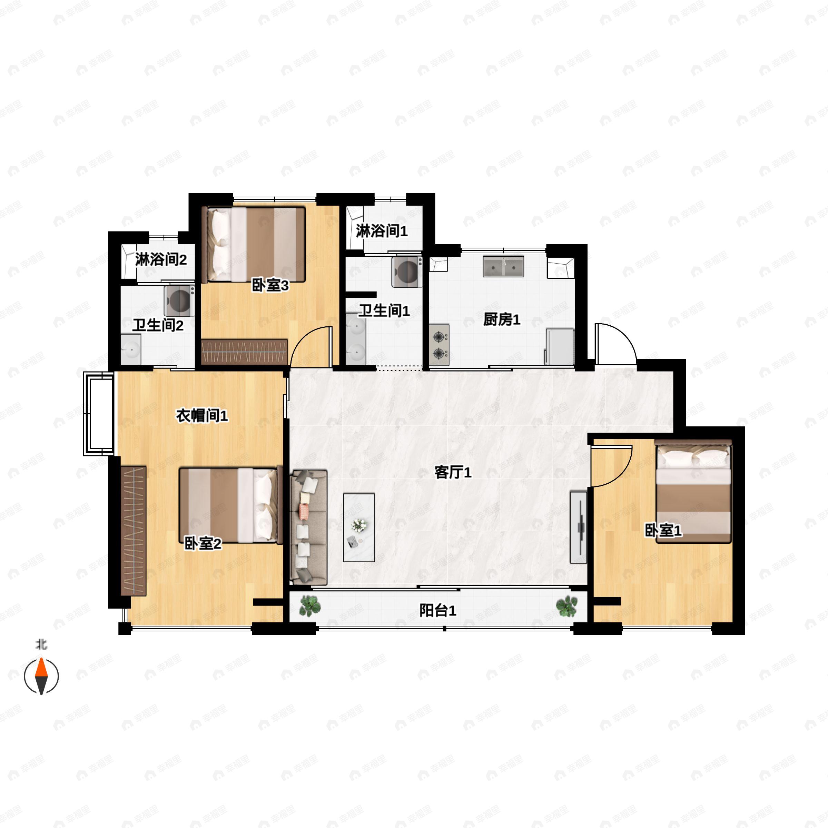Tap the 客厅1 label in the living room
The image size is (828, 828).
tap(453, 472)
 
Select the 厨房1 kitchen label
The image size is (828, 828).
tap(502, 319)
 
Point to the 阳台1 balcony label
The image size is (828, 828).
tap(437, 610)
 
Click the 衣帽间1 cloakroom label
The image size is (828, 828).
tap(202, 415)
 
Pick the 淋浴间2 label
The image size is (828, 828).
tap(161, 259)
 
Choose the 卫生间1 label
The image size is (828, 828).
tap(384, 311)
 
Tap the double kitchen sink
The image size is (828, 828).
tap(504, 267)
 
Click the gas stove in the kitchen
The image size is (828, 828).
tap(439, 345)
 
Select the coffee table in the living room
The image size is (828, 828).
tap(359, 528)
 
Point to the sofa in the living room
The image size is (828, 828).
tap(308, 528)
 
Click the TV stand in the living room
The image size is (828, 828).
tap(578, 527)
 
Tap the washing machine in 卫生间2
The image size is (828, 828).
tap(179, 301)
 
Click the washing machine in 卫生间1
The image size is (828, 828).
tap(407, 271)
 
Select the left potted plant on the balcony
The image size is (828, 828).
tap(310, 606)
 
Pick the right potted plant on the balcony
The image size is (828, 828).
tap(566, 607)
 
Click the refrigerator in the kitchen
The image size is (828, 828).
tap(559, 347)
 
